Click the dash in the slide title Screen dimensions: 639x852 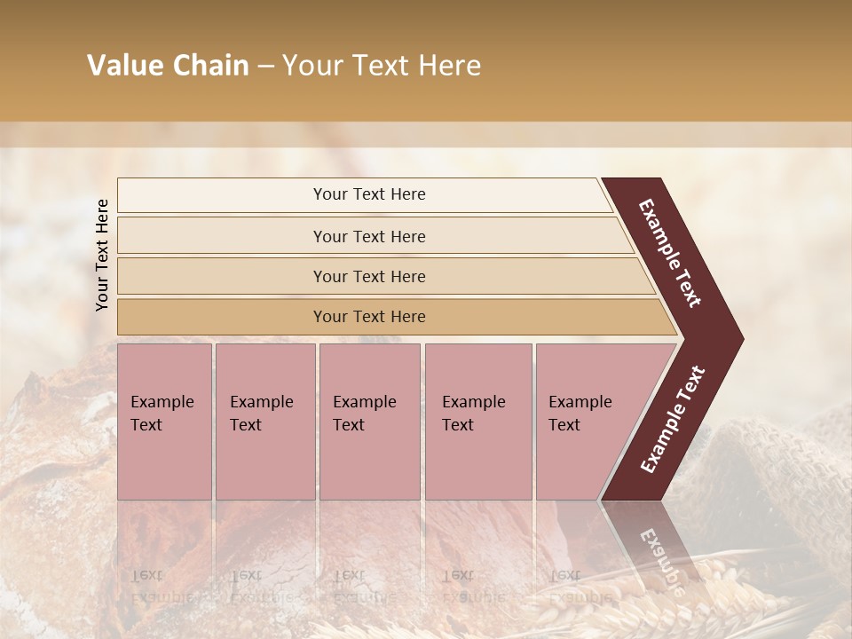coord(265,67)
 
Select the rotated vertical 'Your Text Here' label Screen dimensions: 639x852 coord(102,255)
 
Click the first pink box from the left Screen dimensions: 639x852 coord(164,422)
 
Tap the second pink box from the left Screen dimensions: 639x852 coord(265,422)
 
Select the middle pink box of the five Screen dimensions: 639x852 coord(369,422)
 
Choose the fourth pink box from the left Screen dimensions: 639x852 coord(478,422)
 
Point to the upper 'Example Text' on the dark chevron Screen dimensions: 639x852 coord(670,253)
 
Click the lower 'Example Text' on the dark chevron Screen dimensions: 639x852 coord(672,420)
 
